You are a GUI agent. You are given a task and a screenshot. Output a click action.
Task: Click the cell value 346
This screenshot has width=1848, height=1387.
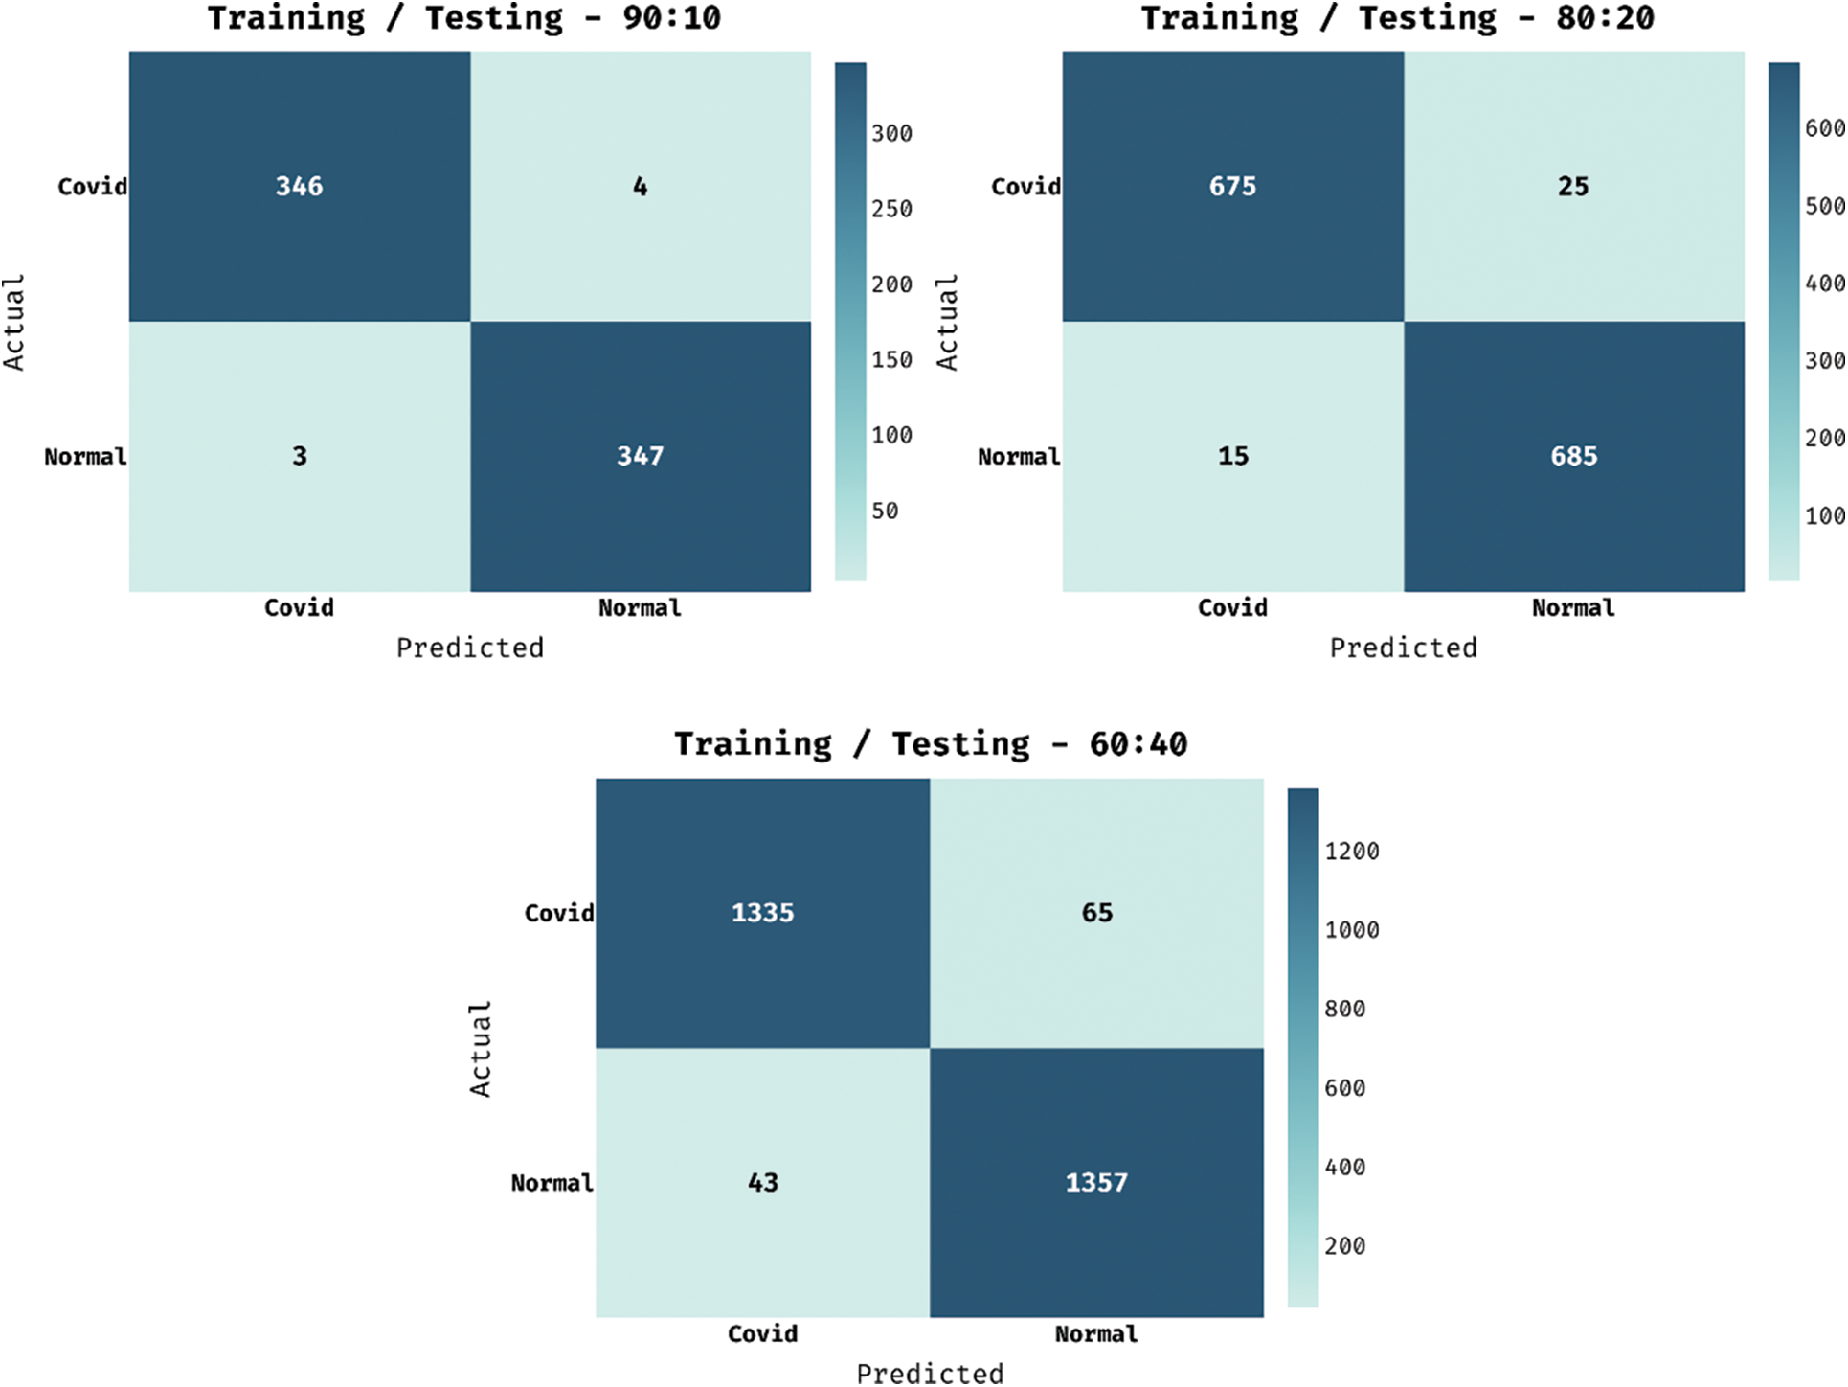pos(299,186)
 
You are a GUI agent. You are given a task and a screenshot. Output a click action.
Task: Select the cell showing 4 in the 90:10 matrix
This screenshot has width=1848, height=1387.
pos(640,186)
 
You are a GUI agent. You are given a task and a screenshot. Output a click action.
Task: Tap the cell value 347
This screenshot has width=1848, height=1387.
pos(640,456)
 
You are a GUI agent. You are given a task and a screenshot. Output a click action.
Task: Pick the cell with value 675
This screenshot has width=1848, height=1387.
pos(1232,186)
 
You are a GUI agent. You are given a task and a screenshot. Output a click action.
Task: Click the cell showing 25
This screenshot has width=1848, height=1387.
pos(1573,186)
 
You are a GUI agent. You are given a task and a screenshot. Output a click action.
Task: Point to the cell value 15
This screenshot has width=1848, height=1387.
pos(1232,456)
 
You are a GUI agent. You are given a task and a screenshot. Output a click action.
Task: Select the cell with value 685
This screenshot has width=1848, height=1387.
pos(1573,456)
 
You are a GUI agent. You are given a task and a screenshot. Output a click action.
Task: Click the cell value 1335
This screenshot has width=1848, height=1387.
pos(762,913)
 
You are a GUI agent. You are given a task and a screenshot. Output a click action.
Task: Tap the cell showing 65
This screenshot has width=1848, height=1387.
pos(1096,913)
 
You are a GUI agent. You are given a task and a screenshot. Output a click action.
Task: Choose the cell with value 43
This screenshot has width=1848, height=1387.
pos(762,1183)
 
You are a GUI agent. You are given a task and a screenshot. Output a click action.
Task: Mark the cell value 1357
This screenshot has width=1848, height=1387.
pos(1096,1183)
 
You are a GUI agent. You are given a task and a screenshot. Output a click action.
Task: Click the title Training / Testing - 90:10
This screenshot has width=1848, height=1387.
pos(464,18)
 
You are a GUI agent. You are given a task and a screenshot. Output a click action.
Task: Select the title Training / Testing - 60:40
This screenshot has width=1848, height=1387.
pos(931,744)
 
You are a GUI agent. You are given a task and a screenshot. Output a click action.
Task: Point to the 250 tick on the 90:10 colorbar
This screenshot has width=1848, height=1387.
pos(891,209)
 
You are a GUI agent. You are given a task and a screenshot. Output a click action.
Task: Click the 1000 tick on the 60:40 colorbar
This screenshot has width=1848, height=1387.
pos(1351,930)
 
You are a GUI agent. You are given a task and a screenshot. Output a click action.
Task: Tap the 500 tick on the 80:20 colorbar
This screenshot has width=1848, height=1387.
pos(1824,206)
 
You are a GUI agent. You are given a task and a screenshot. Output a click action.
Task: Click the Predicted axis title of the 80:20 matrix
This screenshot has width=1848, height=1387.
pos(1403,648)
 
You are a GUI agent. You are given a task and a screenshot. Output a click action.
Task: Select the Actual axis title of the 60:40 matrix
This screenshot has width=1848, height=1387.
pos(480,1049)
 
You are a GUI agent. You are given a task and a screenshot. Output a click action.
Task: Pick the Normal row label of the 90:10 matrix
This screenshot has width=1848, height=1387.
pos(85,457)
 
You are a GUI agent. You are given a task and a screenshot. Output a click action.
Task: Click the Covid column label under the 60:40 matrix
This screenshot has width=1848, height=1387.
pos(762,1334)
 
